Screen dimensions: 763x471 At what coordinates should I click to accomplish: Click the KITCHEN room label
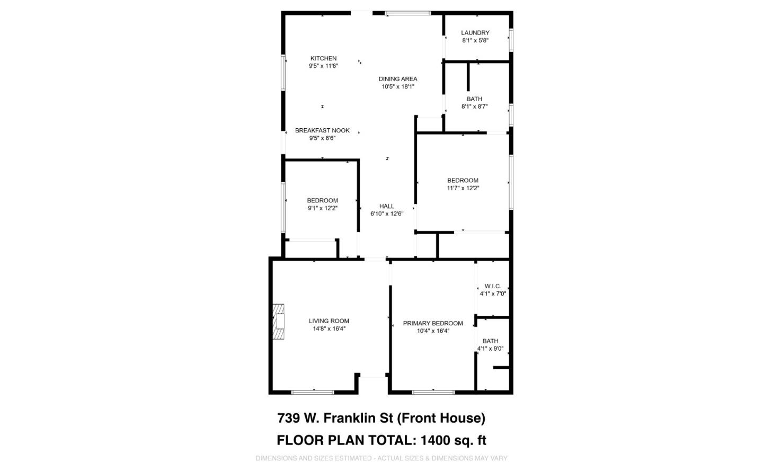tap(323, 58)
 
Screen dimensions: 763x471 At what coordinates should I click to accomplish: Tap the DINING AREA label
tap(397, 78)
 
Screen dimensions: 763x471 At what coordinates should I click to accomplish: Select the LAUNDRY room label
tap(475, 33)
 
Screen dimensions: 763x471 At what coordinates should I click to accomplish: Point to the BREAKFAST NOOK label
tap(322, 130)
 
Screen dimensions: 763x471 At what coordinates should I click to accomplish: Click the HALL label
tap(387, 206)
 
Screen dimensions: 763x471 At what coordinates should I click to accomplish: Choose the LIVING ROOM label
tap(329, 321)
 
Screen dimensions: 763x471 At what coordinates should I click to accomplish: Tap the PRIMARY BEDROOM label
tap(433, 323)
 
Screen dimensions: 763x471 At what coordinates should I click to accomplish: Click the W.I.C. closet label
tap(493, 286)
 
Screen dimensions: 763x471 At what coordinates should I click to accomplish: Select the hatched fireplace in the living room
tap(278, 322)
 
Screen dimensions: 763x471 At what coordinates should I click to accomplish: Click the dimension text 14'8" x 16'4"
tap(329, 328)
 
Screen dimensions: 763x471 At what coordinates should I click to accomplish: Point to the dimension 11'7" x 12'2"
tap(463, 188)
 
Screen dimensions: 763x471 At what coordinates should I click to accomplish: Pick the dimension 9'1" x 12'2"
tap(323, 208)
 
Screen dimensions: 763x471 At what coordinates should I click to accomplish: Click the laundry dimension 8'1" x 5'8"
tap(475, 40)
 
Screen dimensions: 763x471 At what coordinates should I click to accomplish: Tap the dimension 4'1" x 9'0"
tap(490, 349)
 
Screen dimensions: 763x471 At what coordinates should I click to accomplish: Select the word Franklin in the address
tap(358, 418)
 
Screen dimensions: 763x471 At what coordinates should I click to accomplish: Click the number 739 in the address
tap(289, 418)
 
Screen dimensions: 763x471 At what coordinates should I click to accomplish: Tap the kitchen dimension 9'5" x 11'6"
tap(323, 66)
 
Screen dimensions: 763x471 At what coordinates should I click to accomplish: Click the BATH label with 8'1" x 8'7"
tap(475, 99)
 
